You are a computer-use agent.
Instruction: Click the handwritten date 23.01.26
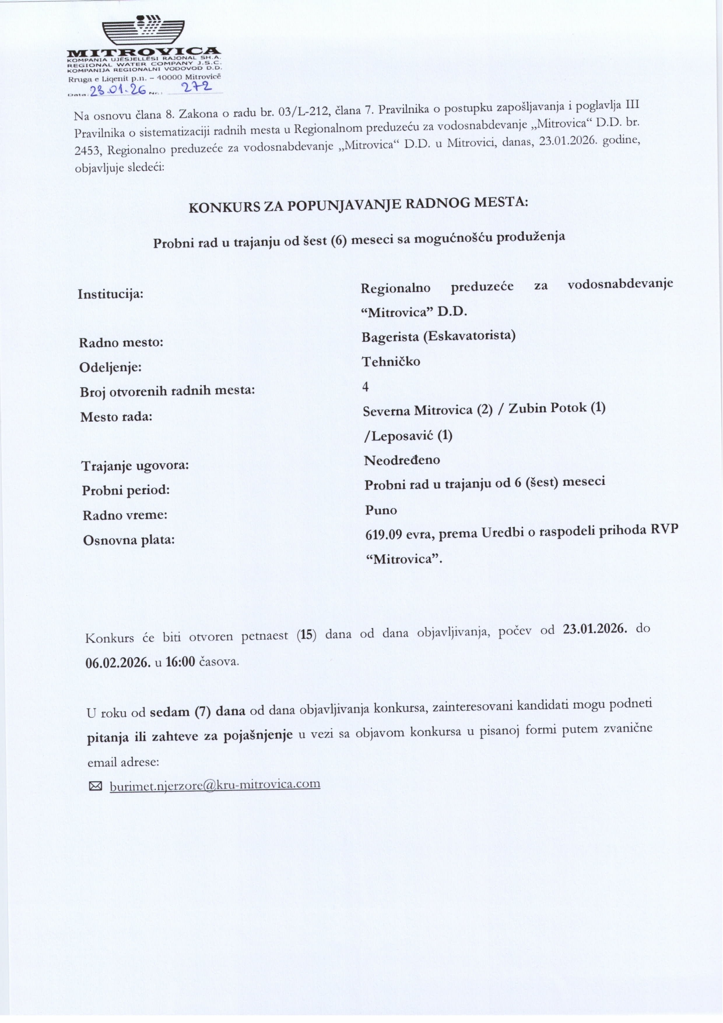click(117, 90)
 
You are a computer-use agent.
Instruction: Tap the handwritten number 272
click(196, 88)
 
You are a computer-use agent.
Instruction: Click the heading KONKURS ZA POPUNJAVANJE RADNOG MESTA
click(358, 204)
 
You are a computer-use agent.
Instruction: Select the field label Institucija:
click(111, 294)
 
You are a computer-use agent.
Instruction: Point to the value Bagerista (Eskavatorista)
click(438, 336)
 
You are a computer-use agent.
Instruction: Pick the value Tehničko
click(391, 361)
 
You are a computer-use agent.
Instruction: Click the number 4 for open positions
click(366, 386)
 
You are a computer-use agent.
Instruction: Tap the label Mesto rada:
click(116, 417)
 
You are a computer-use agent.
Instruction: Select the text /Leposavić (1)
click(408, 435)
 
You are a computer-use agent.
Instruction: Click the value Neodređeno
click(402, 460)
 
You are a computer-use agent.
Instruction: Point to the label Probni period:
click(126, 490)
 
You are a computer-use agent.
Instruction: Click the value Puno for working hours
click(381, 510)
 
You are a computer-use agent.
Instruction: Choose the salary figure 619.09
click(383, 534)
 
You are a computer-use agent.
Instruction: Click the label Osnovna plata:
click(129, 540)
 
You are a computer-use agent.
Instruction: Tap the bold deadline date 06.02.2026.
click(118, 662)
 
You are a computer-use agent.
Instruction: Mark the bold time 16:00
click(180, 662)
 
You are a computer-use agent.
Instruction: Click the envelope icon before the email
click(95, 786)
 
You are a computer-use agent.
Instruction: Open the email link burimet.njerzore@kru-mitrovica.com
click(215, 785)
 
